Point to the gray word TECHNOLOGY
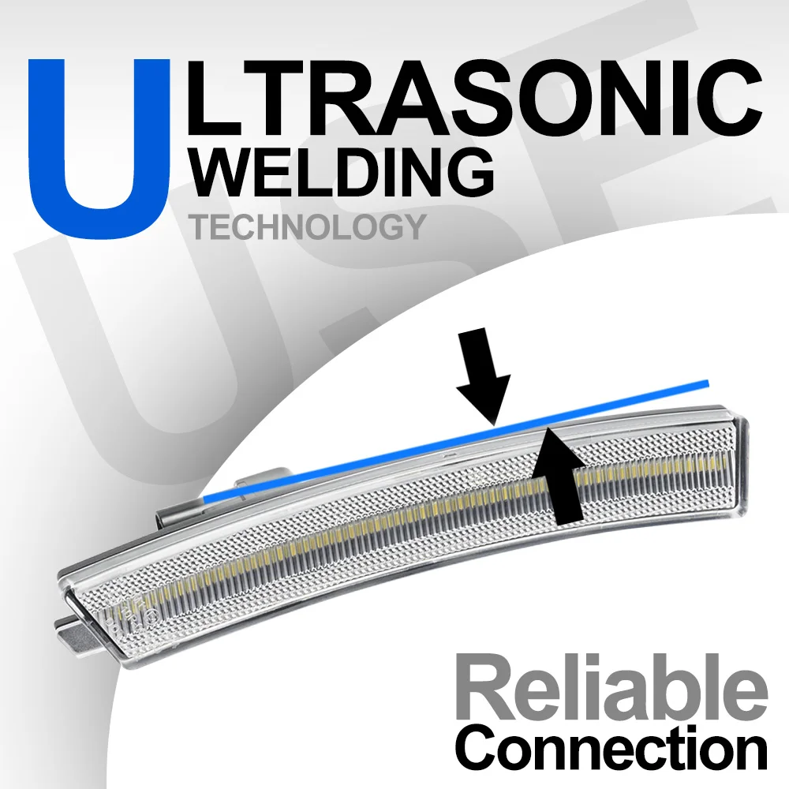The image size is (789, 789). click(308, 226)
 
